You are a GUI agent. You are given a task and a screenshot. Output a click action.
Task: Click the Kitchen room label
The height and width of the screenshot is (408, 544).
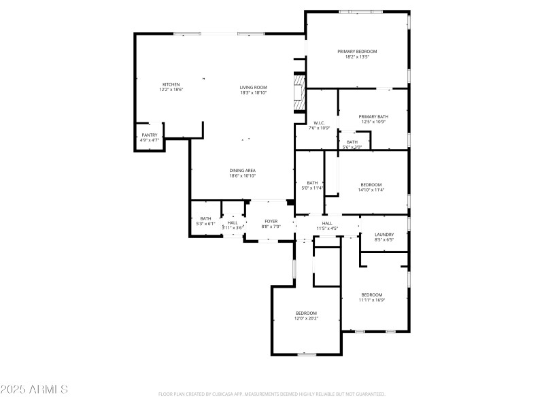click(171, 84)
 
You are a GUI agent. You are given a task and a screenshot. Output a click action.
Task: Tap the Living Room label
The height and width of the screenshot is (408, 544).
click(253, 87)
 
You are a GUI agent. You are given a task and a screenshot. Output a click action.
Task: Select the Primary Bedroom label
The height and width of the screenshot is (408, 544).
click(357, 52)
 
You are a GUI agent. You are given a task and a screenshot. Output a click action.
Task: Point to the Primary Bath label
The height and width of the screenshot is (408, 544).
click(373, 116)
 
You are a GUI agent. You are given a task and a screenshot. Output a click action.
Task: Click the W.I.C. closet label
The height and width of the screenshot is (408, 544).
click(319, 123)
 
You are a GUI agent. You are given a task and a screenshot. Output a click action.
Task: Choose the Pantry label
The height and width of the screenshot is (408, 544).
click(149, 135)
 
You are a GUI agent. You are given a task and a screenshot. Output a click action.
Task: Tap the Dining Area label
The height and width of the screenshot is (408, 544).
click(242, 171)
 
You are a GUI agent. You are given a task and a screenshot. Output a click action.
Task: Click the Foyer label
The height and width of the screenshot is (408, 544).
click(271, 221)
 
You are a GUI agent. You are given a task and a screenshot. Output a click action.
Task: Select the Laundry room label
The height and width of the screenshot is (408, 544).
click(384, 235)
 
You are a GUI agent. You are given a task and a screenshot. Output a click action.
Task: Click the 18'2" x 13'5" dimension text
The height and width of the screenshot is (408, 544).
click(357, 57)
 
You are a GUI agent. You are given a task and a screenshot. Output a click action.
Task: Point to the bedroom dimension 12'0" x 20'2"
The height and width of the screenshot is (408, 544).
click(306, 318)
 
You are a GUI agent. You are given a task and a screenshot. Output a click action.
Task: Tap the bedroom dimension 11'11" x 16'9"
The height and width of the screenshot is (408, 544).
click(372, 300)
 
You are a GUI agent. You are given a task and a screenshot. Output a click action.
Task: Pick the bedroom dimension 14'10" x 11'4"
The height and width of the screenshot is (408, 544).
click(371, 190)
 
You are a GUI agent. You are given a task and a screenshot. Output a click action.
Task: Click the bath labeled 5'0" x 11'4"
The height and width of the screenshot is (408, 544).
click(312, 188)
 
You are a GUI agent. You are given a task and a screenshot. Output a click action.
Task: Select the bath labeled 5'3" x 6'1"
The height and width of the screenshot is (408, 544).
click(205, 224)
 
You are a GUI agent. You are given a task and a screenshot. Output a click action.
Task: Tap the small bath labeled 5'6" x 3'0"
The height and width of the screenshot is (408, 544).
click(352, 147)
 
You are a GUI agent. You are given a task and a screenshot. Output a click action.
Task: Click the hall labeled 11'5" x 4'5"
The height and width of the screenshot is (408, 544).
click(327, 228)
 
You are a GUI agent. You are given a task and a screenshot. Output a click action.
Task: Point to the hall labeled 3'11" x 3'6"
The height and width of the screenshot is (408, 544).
click(233, 228)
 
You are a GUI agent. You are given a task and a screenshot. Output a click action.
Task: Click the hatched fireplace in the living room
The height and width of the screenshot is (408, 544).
click(298, 92)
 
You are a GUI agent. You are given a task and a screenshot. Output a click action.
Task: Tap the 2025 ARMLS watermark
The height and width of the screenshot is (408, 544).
click(34, 390)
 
